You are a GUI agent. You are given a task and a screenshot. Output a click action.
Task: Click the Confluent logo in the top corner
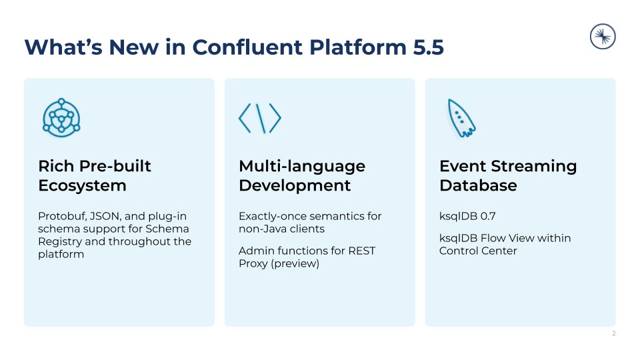click(603, 37)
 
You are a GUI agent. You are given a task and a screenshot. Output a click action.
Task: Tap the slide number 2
click(613, 333)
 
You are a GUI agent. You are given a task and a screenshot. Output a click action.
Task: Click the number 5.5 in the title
click(425, 48)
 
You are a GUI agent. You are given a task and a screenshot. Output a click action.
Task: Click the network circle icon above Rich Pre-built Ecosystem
click(61, 118)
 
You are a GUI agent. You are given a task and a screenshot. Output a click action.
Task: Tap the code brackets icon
click(259, 119)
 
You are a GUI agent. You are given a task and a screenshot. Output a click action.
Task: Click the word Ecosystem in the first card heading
click(82, 185)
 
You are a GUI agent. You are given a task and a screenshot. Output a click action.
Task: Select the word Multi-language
click(302, 166)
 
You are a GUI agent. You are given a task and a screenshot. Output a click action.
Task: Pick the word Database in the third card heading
click(478, 185)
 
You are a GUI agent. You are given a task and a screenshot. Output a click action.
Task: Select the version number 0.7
click(489, 217)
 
